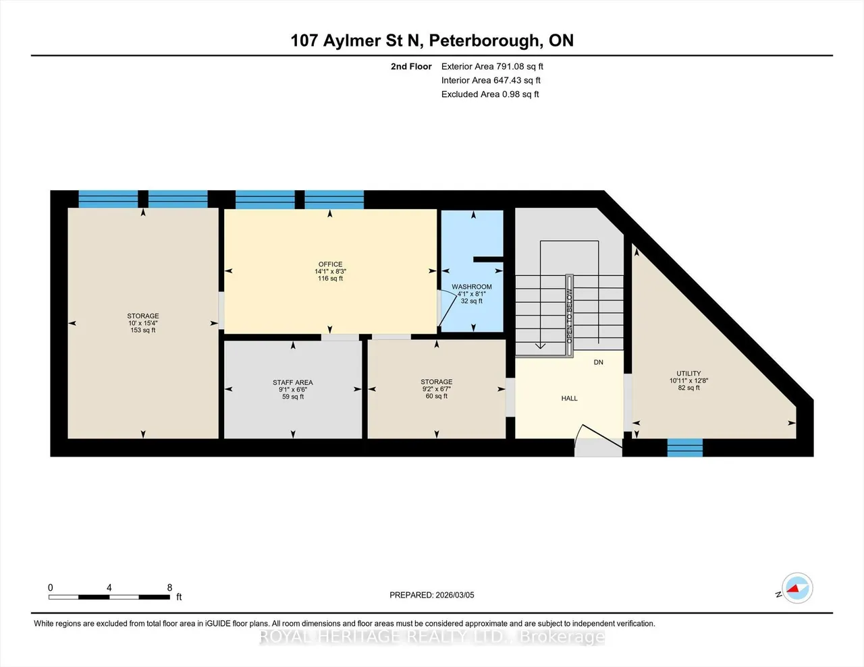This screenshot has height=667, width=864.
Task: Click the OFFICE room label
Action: pyautogui.click(x=330, y=264)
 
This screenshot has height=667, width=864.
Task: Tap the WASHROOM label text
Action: pyautogui.click(x=472, y=287)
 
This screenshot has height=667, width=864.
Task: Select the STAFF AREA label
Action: pyautogui.click(x=293, y=382)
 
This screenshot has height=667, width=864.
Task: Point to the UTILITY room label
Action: pyautogui.click(x=688, y=374)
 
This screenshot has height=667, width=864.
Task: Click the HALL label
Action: pyautogui.click(x=570, y=399)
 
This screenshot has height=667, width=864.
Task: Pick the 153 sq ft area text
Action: pyautogui.click(x=142, y=330)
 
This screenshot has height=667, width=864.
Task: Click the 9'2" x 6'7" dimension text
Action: pyautogui.click(x=437, y=389)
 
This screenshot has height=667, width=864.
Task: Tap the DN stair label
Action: pyautogui.click(x=599, y=362)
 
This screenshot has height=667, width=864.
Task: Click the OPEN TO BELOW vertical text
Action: pyautogui.click(x=570, y=316)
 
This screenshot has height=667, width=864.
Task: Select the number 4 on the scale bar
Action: pyautogui.click(x=109, y=587)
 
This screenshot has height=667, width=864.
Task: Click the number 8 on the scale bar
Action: pyautogui.click(x=169, y=587)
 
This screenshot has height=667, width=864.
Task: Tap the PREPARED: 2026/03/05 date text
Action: pyautogui.click(x=432, y=595)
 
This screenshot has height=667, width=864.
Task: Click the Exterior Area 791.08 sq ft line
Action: pyautogui.click(x=492, y=66)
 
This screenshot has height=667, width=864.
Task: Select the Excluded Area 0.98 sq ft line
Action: pyautogui.click(x=490, y=94)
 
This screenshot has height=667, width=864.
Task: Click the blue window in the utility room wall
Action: pyautogui.click(x=684, y=448)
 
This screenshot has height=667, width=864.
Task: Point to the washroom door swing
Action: pyautogui.click(x=448, y=310)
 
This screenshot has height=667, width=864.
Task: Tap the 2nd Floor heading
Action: pyautogui.click(x=411, y=66)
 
